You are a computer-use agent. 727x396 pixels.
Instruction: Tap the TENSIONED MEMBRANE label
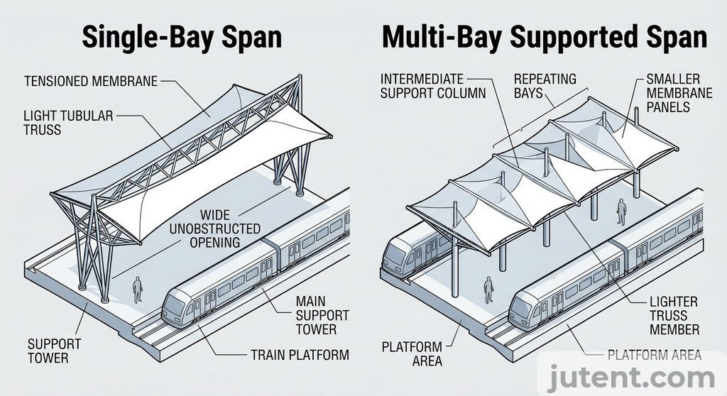pos(90,82)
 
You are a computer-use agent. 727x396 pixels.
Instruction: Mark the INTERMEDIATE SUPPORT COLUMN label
pos(433,85)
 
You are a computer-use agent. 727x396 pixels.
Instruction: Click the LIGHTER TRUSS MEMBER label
pos(674,315)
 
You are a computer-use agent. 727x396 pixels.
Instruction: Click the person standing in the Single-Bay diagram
pos(138,290)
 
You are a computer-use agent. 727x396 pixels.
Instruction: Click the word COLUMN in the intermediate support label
pos(459,93)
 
